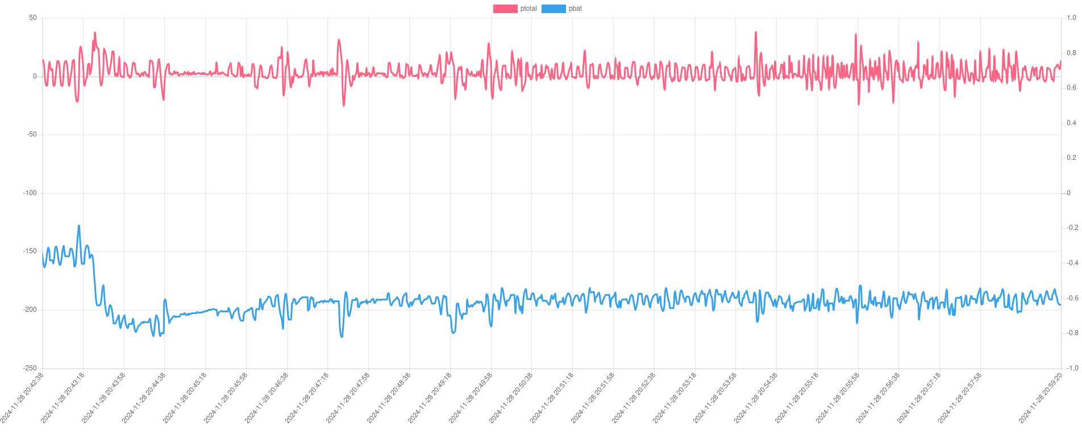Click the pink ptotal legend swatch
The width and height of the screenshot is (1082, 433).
click(x=505, y=9)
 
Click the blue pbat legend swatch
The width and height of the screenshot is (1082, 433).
click(x=554, y=9)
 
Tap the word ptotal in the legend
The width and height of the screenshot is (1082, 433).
click(x=528, y=9)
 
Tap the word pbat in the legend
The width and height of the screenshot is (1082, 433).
click(x=575, y=9)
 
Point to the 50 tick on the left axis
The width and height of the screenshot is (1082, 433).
click(x=33, y=18)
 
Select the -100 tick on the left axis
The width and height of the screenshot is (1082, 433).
click(x=30, y=193)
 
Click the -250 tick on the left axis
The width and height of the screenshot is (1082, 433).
click(x=30, y=368)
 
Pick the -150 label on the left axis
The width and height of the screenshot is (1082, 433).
click(x=30, y=251)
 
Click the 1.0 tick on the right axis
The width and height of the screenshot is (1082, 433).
click(x=1071, y=18)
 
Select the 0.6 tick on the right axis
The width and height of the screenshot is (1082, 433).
click(x=1071, y=88)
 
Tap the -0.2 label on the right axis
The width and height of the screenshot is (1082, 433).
click(x=1072, y=228)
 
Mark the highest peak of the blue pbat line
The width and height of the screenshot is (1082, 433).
click(x=79, y=226)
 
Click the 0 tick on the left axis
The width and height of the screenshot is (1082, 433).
click(x=35, y=76)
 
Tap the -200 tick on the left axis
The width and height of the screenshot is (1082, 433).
click(x=30, y=310)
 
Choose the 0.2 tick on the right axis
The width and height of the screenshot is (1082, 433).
click(x=1071, y=158)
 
